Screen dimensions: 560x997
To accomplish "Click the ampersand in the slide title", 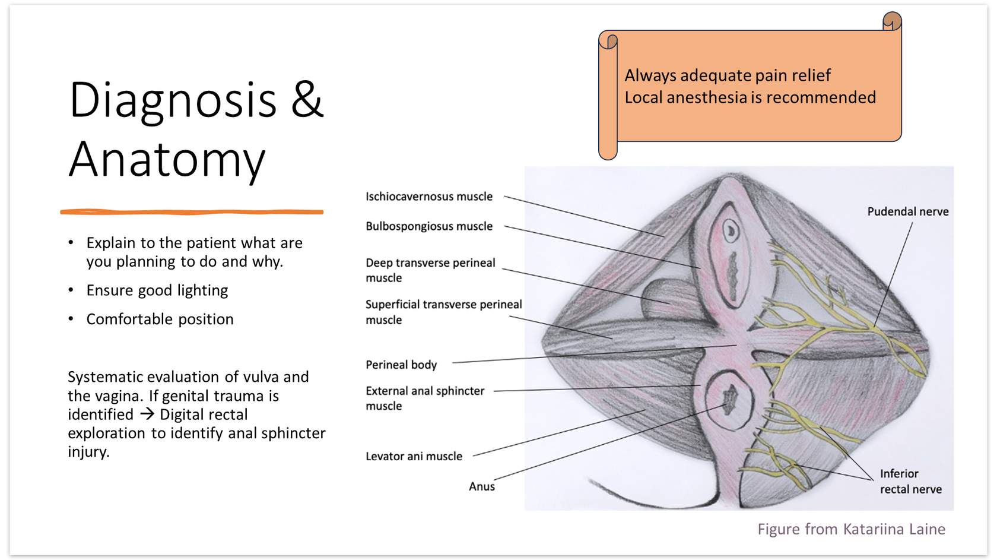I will (x=307, y=100).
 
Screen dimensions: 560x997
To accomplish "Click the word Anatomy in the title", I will (x=167, y=159).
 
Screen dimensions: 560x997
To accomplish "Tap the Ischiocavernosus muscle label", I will (x=428, y=197).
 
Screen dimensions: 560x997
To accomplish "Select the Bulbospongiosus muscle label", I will (x=428, y=226).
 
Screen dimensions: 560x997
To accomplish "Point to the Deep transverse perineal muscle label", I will (x=430, y=270).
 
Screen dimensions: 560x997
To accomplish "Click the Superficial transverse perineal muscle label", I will (x=443, y=312).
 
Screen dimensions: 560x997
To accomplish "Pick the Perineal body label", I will (x=401, y=365).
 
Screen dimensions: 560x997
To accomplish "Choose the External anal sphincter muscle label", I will (x=424, y=398).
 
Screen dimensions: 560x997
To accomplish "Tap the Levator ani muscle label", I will (x=414, y=456).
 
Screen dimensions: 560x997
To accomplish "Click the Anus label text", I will (x=481, y=486).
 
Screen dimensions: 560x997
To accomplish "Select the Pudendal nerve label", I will (x=907, y=211).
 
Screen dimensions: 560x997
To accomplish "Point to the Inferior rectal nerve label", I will (x=910, y=481).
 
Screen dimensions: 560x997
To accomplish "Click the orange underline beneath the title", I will (x=192, y=211).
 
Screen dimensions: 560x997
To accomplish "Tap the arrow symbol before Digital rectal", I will (x=147, y=414).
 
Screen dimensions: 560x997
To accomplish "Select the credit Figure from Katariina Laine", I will (x=851, y=529).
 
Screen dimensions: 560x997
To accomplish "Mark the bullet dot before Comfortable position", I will (x=71, y=319).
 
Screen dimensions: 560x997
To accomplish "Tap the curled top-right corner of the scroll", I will (x=891, y=21).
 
